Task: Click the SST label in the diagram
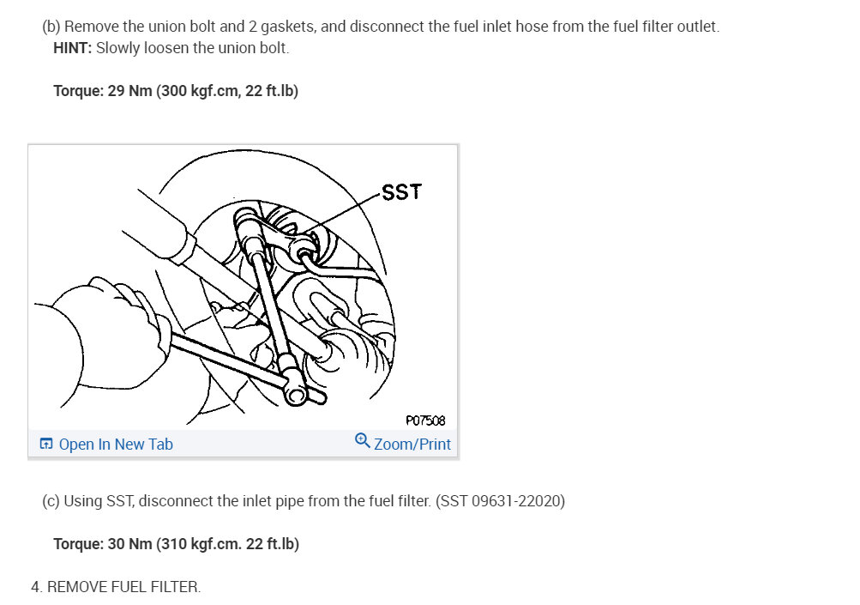point(401,192)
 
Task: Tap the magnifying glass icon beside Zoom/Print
point(362,440)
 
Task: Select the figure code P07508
point(425,420)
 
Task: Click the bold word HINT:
point(72,48)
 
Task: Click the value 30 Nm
point(129,543)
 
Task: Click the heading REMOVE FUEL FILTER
point(124,587)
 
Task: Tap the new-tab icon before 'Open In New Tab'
point(46,444)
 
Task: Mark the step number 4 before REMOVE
point(35,587)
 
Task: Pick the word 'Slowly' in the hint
point(118,48)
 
